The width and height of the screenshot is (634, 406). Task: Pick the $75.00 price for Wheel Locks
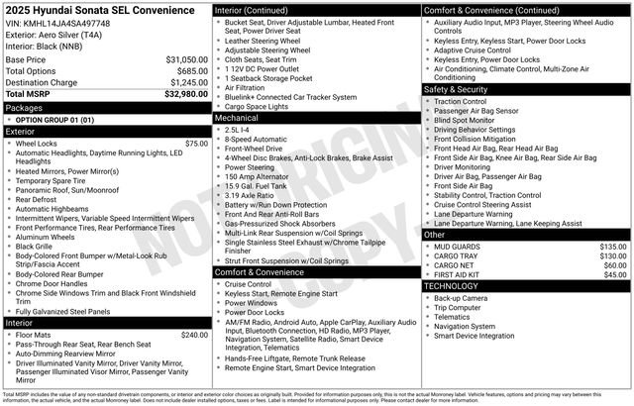(196, 144)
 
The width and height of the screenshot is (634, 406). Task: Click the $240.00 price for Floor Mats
(194, 336)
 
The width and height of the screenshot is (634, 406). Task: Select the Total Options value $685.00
(188, 70)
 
